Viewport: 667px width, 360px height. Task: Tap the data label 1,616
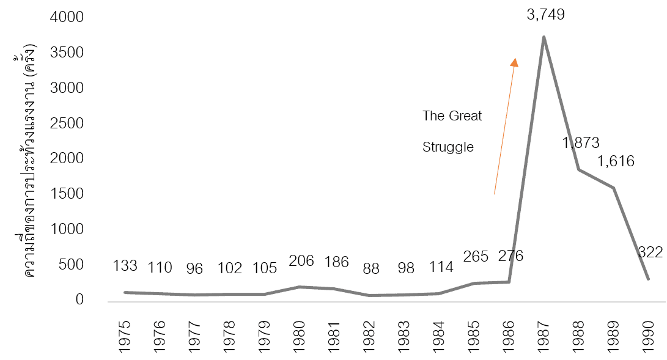tap(616, 161)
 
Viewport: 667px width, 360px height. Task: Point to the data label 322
tap(650, 252)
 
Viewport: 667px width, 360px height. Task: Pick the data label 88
tap(370, 268)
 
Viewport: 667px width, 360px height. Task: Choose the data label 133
tap(126, 266)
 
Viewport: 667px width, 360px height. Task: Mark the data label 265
tap(476, 256)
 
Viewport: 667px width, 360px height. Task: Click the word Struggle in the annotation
tap(448, 147)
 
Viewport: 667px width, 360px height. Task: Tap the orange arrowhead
tap(515, 62)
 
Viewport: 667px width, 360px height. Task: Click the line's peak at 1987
tap(544, 37)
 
